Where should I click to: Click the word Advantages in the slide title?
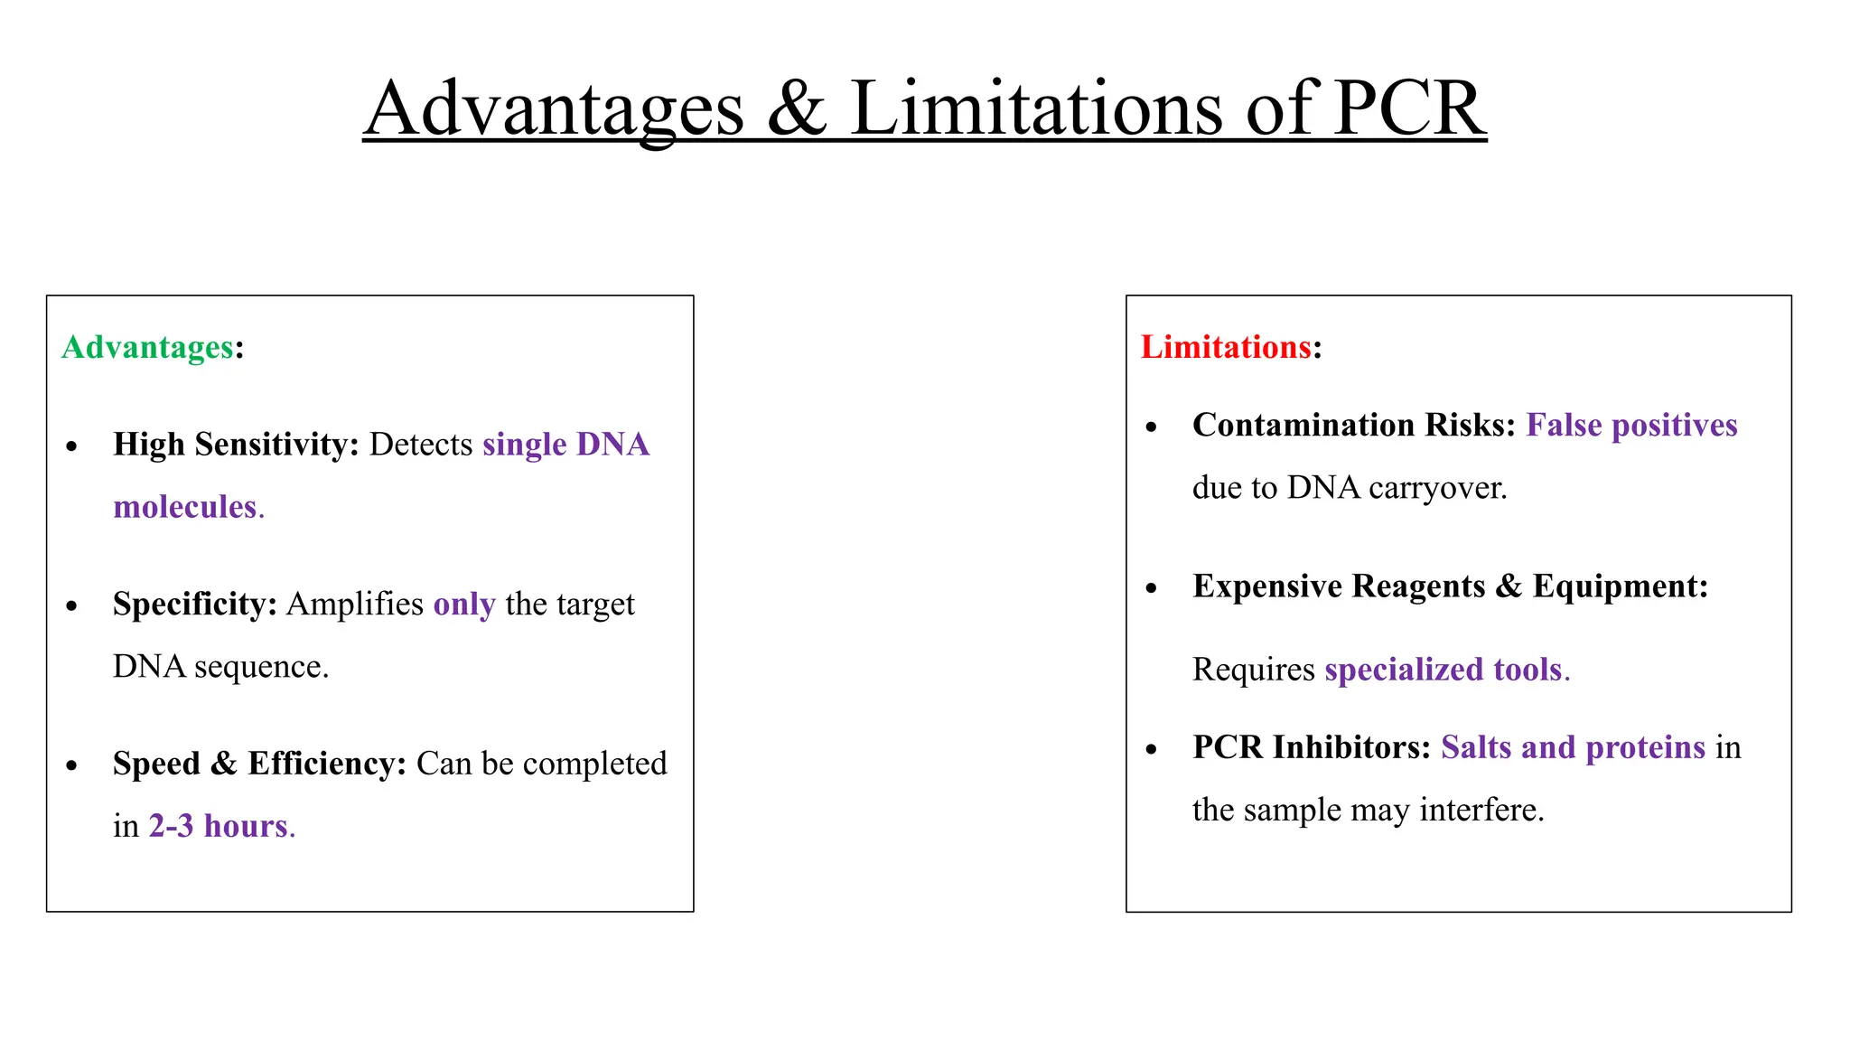pos(554,109)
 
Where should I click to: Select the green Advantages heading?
pos(148,347)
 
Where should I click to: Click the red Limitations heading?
pos(1226,347)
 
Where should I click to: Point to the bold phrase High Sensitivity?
pos(236,445)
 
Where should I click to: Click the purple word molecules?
pos(185,507)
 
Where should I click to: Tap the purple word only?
pos(464,604)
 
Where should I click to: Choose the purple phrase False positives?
pos(1631,425)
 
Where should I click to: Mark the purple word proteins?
pos(1645,747)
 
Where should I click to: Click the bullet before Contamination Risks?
pos(1151,427)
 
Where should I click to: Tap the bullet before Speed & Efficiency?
pos(72,766)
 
